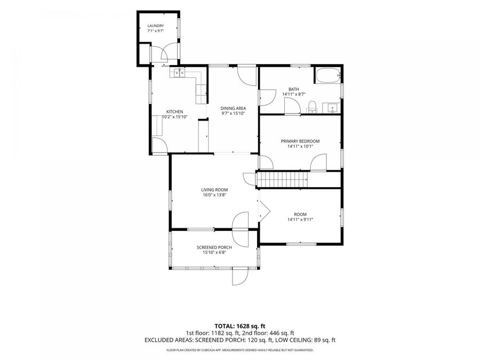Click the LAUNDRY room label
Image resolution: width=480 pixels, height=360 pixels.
coord(156,26)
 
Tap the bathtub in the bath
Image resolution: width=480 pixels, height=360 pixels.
coord(328,75)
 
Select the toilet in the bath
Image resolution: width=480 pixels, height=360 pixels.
coord(311,107)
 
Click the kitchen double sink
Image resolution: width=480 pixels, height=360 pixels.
coord(179,73)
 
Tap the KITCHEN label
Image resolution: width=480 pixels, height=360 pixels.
coord(174,112)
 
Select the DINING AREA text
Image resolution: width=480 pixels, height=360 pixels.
coord(233,108)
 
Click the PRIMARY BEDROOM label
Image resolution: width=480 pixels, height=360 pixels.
coord(300,141)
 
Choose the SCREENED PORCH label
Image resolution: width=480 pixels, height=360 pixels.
coord(214,247)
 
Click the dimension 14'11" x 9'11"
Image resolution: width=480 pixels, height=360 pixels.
coord(300,220)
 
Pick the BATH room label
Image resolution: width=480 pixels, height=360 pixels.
coord(294,89)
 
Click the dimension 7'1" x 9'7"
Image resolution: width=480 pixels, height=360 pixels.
coord(156,31)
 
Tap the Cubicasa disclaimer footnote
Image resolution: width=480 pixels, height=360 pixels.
coord(239,350)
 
